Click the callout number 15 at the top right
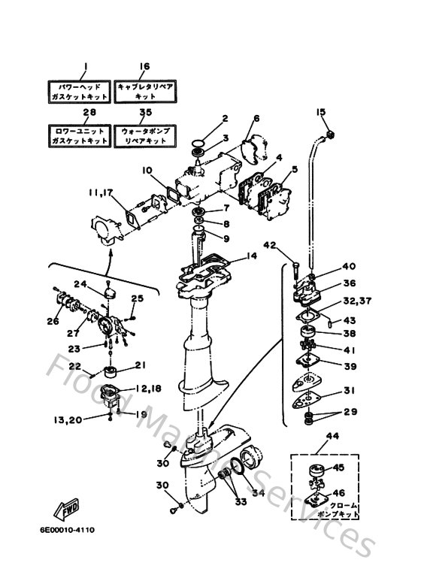[321, 113]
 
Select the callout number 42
[270, 245]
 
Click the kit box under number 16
[145, 92]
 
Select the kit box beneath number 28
[79, 136]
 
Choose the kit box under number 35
[145, 136]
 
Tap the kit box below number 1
[79, 92]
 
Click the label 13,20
[68, 419]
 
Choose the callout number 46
[338, 493]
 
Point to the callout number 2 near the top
[224, 118]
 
